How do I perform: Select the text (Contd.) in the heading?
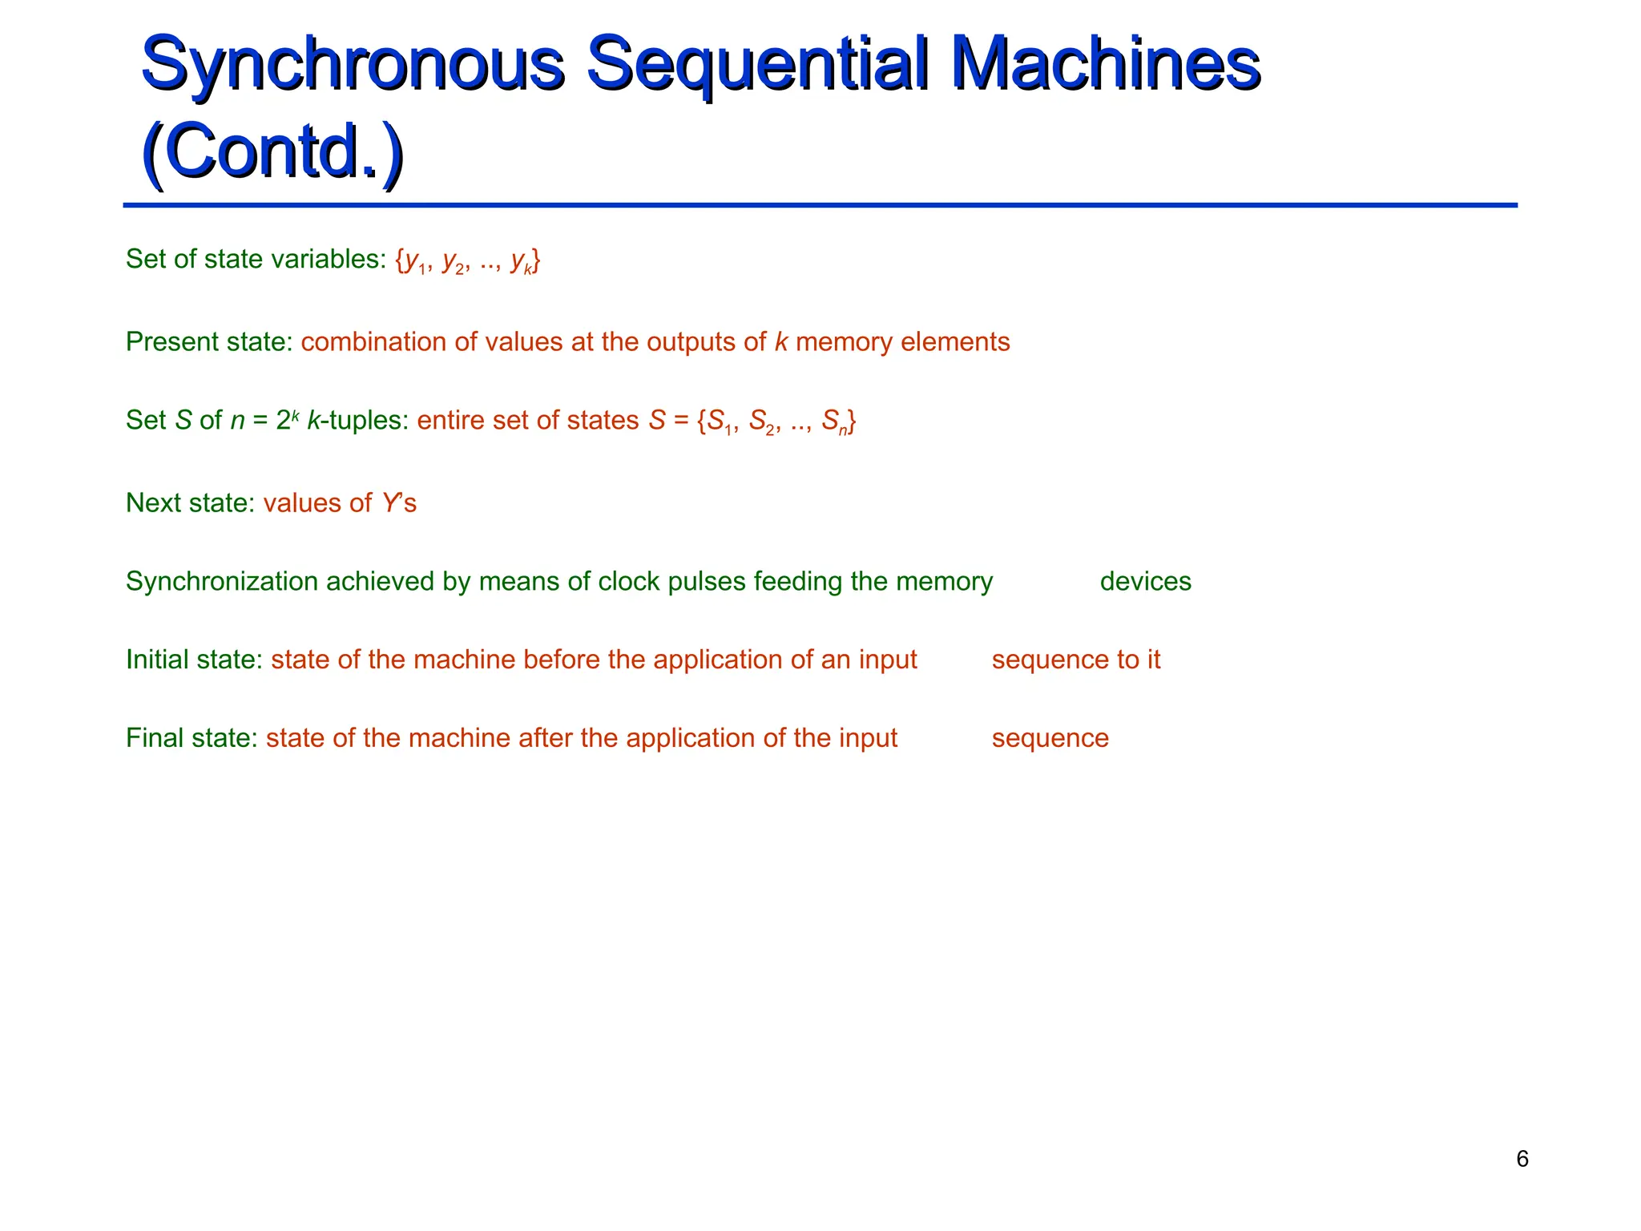[x=272, y=152]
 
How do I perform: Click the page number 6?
[x=1522, y=1159]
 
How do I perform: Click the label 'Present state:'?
[x=209, y=342]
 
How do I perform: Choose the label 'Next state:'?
[x=190, y=503]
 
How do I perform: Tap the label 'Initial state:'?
[x=194, y=660]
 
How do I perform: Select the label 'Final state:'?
[x=192, y=738]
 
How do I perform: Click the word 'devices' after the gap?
[x=1145, y=581]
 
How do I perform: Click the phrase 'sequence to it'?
[x=1075, y=660]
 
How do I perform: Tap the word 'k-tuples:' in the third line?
[x=358, y=420]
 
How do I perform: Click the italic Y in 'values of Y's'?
[x=390, y=503]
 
